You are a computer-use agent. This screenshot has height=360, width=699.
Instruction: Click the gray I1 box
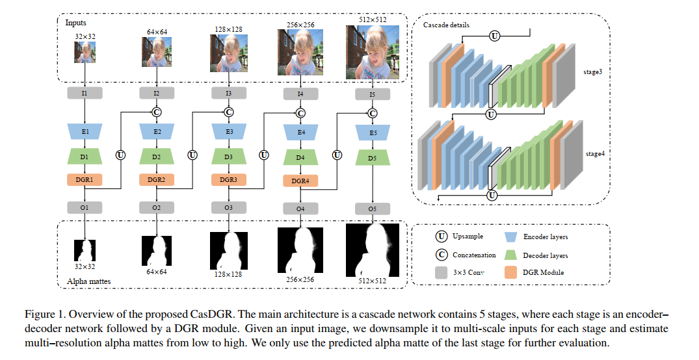tap(85, 93)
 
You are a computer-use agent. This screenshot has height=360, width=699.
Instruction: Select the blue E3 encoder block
tap(229, 132)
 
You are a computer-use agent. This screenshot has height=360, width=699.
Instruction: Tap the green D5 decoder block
tap(373, 158)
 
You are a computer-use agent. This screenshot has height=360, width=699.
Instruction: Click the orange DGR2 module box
tap(157, 179)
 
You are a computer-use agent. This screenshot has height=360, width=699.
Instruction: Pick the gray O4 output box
tap(300, 209)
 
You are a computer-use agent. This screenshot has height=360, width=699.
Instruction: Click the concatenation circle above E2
tap(157, 112)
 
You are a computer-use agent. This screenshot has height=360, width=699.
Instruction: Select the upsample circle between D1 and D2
tap(120, 155)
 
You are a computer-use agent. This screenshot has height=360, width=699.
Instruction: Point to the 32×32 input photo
tap(85, 52)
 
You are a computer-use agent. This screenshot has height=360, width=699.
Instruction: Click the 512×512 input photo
tap(372, 52)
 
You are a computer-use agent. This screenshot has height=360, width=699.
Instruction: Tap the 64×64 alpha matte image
tap(157, 251)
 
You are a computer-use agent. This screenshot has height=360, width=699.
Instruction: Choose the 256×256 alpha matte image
tap(300, 250)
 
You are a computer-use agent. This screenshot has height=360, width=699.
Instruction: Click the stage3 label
tap(592, 71)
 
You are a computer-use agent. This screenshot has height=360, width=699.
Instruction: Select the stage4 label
tap(595, 154)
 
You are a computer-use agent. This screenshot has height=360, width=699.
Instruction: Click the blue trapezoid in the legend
tap(510, 237)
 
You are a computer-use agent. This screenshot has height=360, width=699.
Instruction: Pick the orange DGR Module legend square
tap(510, 272)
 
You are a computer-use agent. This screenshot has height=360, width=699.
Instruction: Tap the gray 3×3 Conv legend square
tap(441, 272)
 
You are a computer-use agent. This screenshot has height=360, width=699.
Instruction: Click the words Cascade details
tap(446, 25)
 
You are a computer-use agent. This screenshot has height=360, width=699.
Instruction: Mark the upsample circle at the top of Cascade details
tap(494, 36)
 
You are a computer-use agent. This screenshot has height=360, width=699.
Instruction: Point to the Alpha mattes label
tap(88, 281)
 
